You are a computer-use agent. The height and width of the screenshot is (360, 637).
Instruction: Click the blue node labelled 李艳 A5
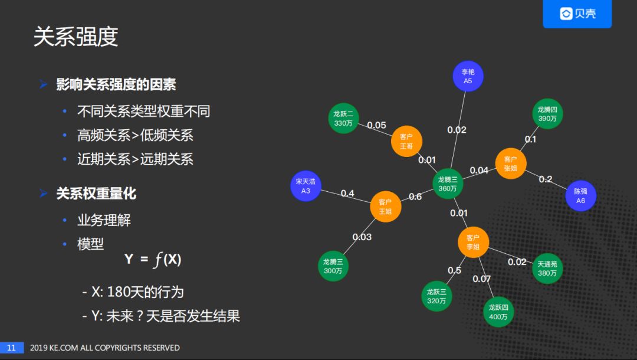click(468, 76)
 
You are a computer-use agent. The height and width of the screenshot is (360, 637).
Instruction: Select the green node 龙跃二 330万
click(343, 118)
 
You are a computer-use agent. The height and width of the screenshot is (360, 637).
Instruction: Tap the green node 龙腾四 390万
click(547, 114)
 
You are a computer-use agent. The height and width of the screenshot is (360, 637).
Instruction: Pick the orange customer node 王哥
click(406, 141)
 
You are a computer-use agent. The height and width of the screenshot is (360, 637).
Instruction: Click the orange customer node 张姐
click(510, 163)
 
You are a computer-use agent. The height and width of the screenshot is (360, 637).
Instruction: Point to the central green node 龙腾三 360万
click(448, 184)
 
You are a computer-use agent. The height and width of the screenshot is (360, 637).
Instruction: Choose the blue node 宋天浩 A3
click(306, 186)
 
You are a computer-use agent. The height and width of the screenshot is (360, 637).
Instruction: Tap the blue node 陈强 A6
click(580, 196)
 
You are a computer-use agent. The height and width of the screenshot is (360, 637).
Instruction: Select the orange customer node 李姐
click(473, 242)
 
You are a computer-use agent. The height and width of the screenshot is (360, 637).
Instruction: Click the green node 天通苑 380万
click(547, 269)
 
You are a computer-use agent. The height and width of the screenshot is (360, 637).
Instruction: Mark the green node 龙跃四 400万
click(498, 312)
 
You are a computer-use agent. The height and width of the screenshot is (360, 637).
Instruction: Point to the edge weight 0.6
click(415, 197)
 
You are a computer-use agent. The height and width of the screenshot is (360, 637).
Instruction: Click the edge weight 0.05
click(376, 125)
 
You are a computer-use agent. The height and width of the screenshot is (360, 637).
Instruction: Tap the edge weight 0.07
click(481, 279)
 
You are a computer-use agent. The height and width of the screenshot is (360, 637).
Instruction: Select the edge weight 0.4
click(347, 194)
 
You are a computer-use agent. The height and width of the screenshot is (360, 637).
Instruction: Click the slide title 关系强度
click(75, 37)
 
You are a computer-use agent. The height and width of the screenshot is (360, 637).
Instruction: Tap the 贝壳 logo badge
click(577, 14)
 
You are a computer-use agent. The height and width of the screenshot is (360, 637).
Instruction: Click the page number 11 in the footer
click(11, 348)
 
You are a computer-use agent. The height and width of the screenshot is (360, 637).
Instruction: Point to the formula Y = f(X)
click(153, 259)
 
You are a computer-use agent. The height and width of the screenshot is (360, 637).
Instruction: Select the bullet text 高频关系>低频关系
click(135, 135)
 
